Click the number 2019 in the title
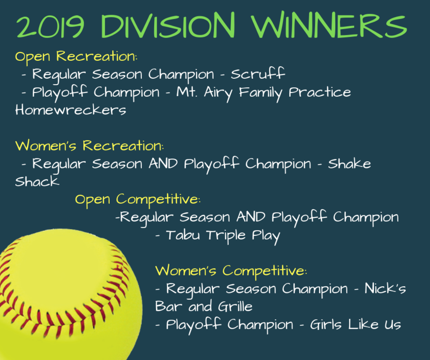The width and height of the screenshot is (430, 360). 50,26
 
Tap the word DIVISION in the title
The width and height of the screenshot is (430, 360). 168,25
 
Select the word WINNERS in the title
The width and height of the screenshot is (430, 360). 329,25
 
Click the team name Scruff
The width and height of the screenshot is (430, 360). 258,74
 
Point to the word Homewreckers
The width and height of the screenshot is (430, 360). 70,110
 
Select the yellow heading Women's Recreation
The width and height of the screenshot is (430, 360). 89,146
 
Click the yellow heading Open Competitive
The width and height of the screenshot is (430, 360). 138,200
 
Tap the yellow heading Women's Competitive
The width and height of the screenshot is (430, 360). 231,271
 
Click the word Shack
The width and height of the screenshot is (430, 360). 37,181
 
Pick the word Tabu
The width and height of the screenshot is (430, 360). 183,235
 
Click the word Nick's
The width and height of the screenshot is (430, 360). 385,288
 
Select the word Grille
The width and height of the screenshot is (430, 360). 235,306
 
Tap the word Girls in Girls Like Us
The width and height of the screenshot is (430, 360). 325,324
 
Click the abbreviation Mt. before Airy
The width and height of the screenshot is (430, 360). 186,92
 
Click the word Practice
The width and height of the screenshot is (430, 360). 320,92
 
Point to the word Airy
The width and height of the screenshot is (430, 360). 218,93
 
